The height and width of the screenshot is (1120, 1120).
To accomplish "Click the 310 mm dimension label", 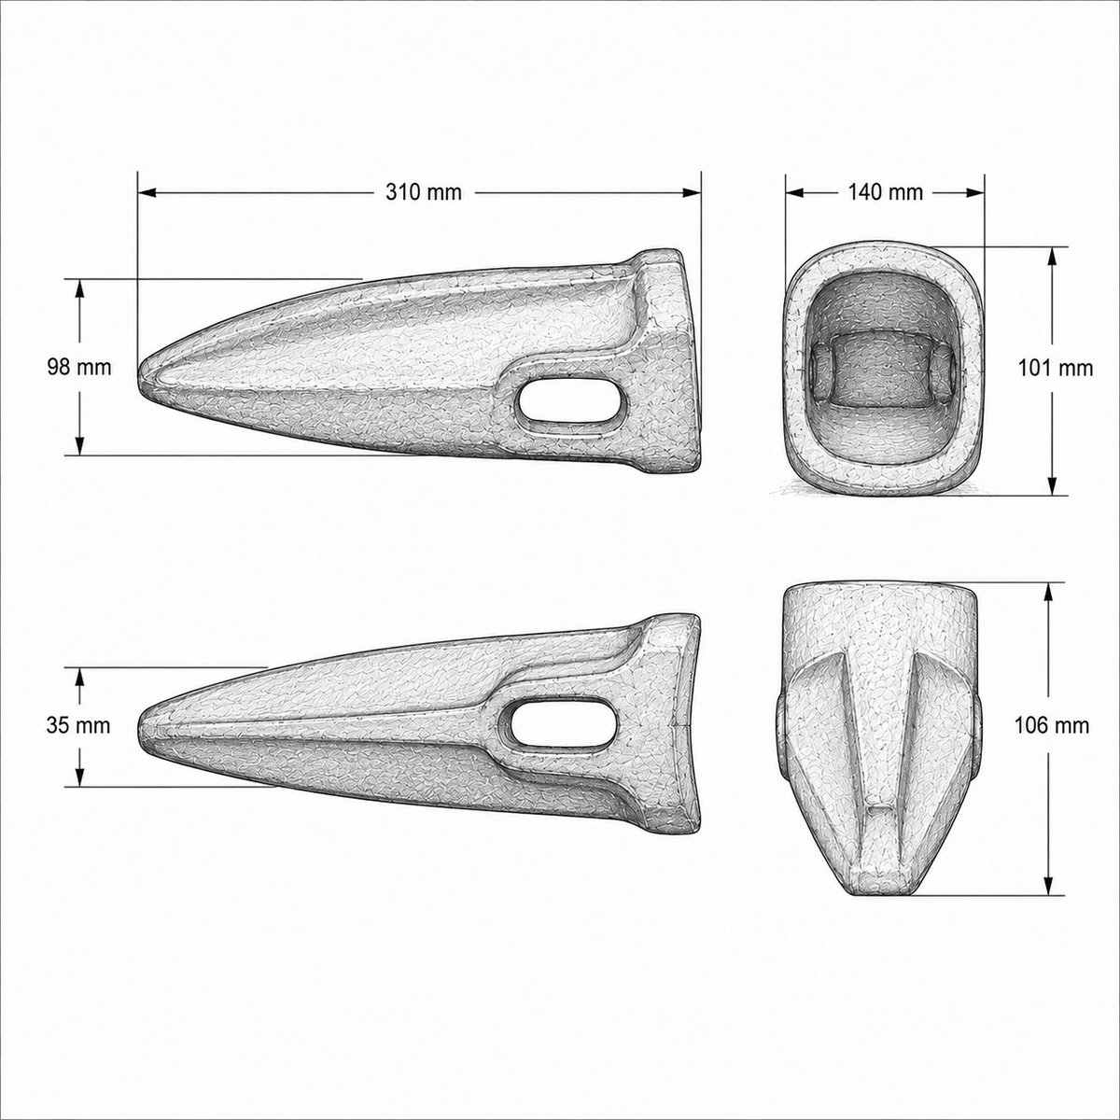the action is pyautogui.click(x=424, y=192).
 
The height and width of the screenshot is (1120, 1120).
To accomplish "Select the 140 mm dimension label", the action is pyautogui.click(x=885, y=192).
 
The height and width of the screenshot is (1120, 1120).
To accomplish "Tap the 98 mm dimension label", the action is pyautogui.click(x=79, y=368).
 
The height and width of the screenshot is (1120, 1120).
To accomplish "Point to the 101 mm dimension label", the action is pyautogui.click(x=1056, y=368).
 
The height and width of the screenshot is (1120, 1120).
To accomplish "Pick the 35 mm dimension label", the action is pyautogui.click(x=78, y=726).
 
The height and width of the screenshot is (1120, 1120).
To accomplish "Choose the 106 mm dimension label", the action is pyautogui.click(x=1052, y=726).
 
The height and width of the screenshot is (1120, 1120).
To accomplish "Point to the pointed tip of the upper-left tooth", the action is pyautogui.click(x=139, y=371).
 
